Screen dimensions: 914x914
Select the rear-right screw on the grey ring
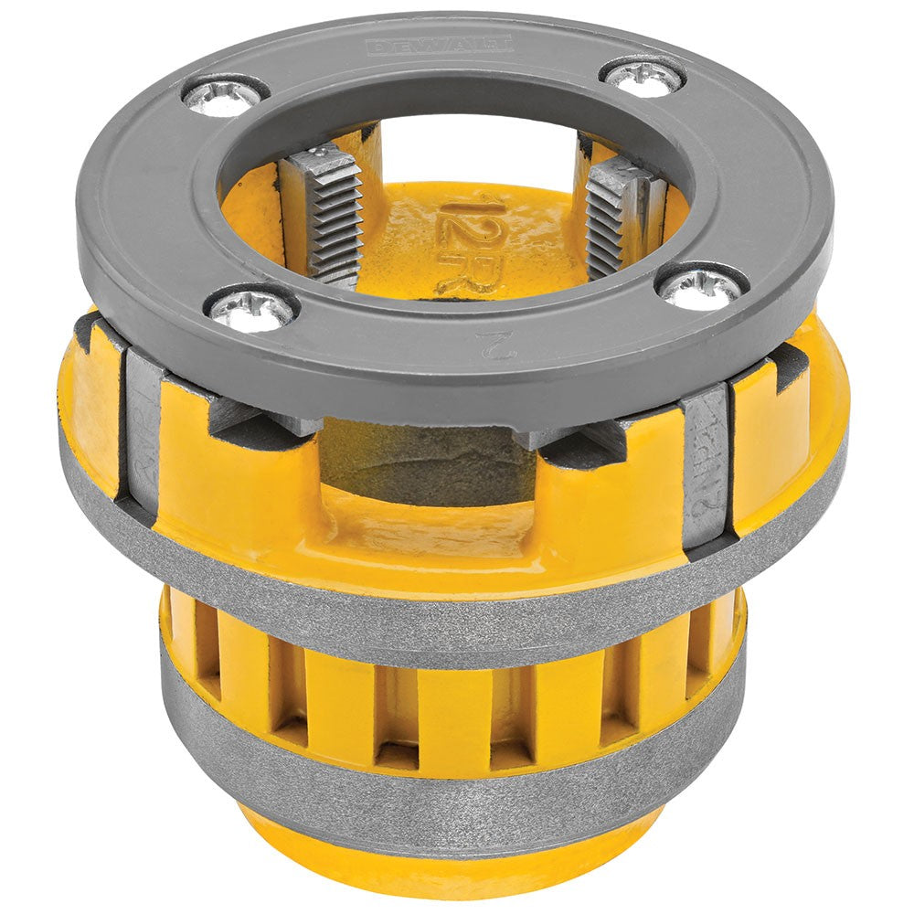pyautogui.click(x=644, y=77)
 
